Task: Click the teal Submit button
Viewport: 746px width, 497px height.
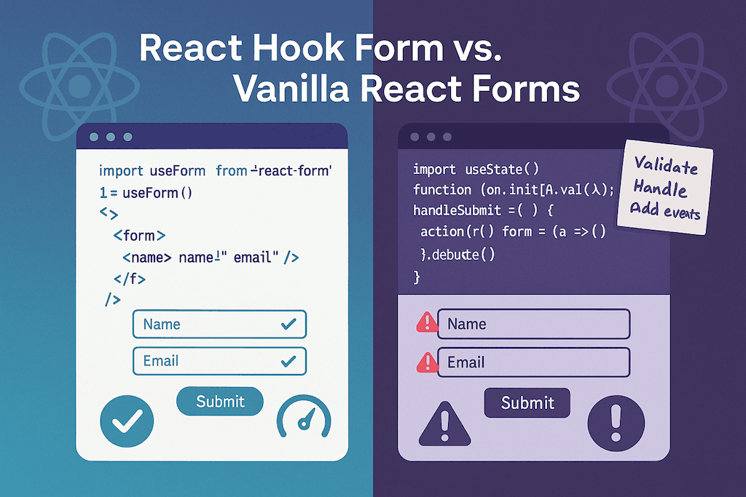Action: pos(220,401)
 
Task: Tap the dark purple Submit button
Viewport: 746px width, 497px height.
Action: pos(527,402)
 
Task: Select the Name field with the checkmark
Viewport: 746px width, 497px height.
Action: pos(219,325)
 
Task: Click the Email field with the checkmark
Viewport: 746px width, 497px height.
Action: pos(219,361)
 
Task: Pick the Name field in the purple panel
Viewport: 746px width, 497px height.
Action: pos(533,324)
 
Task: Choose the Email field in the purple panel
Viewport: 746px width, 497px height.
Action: pos(533,362)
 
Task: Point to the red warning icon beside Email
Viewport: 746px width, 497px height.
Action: pos(425,361)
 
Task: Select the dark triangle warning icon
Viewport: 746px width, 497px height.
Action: pos(444,424)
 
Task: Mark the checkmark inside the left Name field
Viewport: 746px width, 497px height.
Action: pos(288,325)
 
